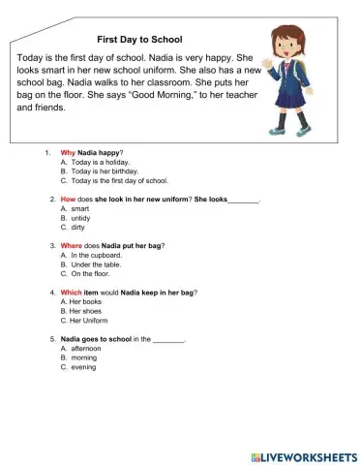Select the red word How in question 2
tap(68, 199)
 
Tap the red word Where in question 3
tap(72, 245)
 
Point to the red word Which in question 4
tap(72, 292)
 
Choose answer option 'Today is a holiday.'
tap(101, 163)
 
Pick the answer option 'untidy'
tap(83, 218)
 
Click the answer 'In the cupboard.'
tap(96, 255)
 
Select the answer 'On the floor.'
tap(93, 273)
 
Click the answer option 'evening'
tap(85, 367)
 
